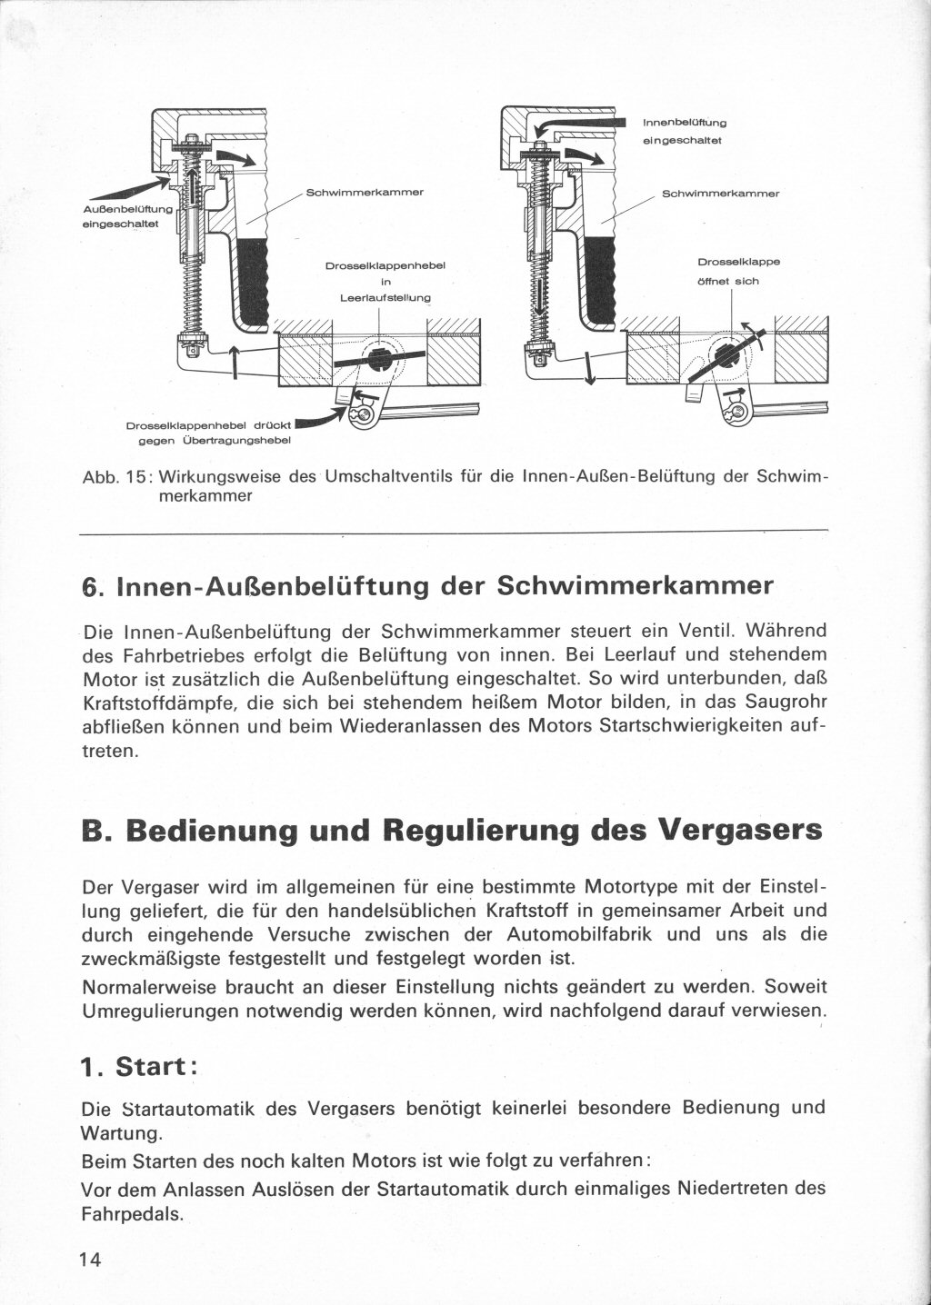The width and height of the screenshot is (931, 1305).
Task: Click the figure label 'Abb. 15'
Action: tap(115, 478)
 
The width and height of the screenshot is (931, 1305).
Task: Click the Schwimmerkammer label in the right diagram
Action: tap(721, 194)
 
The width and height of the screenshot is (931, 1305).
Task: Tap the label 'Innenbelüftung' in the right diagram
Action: tap(685, 122)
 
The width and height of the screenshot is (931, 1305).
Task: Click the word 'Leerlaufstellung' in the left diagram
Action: tap(384, 297)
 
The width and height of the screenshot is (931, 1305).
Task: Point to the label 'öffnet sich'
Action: tap(728, 281)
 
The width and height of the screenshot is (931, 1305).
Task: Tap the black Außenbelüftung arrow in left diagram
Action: tap(127, 190)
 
